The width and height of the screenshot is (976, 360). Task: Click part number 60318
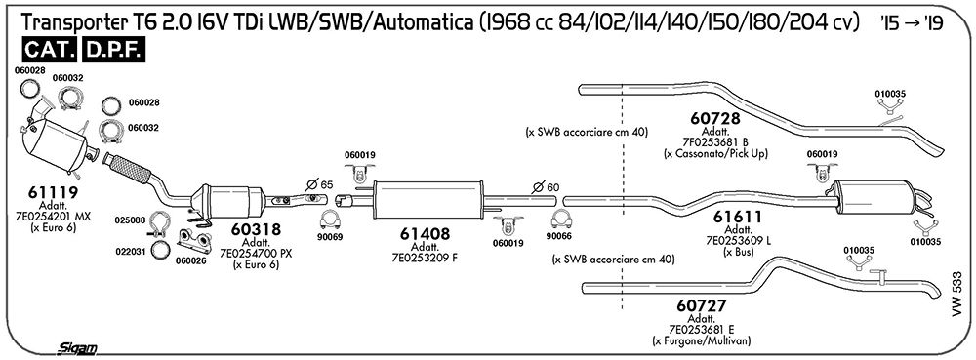point(255,230)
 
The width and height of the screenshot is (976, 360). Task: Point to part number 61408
point(427,234)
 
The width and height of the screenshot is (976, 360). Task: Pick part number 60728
point(714,118)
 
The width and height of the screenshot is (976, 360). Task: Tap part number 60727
point(701,306)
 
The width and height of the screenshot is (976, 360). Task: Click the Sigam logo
point(76,349)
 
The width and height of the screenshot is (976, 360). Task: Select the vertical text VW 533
point(956,294)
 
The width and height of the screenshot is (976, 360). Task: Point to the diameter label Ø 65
point(320,184)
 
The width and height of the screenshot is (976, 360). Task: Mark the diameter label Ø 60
point(546,186)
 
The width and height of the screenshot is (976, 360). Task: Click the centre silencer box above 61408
point(428,200)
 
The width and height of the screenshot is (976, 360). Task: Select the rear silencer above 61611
point(875,196)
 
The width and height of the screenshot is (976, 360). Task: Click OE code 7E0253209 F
point(425,258)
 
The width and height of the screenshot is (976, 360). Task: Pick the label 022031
point(130,252)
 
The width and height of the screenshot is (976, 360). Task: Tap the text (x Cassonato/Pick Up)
point(715,153)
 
